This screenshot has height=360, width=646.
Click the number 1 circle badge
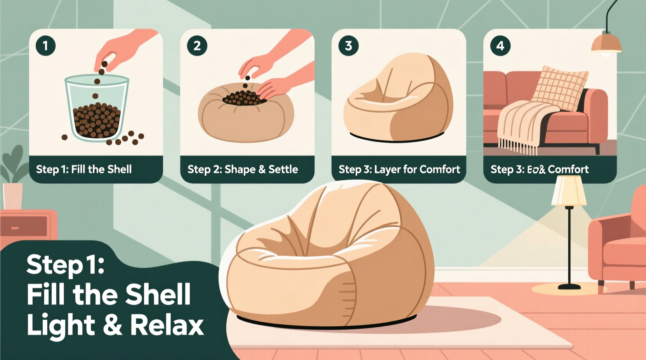(x=45, y=46)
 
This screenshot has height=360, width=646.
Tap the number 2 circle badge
(x=197, y=46)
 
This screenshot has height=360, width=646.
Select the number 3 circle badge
(x=348, y=46)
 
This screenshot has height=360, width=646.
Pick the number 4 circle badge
(x=500, y=46)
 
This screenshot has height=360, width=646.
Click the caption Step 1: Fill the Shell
(x=84, y=170)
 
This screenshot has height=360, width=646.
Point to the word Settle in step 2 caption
(x=283, y=170)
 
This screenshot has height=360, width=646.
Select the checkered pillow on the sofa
(x=560, y=87)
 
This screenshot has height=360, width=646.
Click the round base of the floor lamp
(x=569, y=287)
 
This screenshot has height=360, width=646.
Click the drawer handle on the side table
(x=15, y=228)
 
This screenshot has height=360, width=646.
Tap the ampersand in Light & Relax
(x=113, y=325)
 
